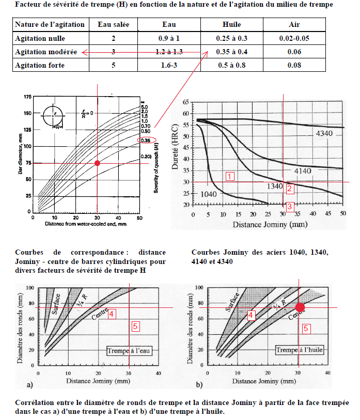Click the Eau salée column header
(x=113, y=25)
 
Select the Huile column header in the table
(x=231, y=25)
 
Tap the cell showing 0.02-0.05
(x=294, y=38)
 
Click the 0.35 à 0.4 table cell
(x=231, y=52)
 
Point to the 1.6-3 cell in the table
(x=169, y=65)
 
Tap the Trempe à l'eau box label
(x=130, y=351)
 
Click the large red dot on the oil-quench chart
(x=300, y=307)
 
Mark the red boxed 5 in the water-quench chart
(x=135, y=326)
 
